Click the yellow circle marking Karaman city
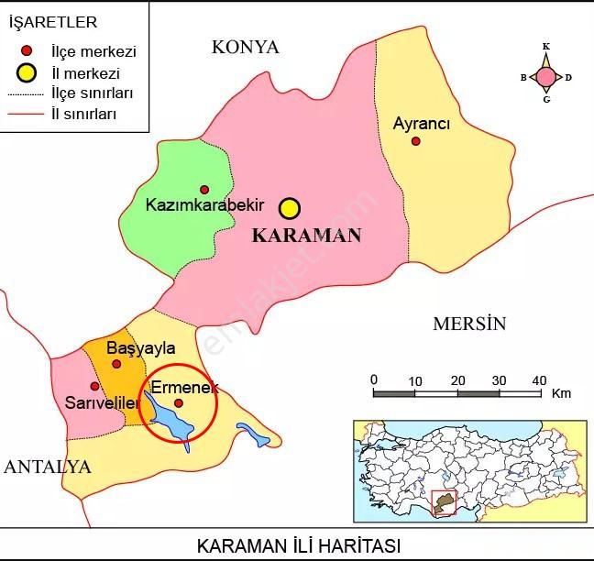[290, 208]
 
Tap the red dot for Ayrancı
[416, 141]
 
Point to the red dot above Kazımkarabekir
[204, 190]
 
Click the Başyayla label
[140, 349]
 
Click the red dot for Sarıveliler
[94, 387]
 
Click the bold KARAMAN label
[306, 236]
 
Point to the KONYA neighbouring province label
[245, 48]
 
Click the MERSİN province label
[469, 324]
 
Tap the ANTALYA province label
[48, 467]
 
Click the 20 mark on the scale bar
[457, 380]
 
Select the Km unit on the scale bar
[561, 394]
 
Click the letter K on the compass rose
[546, 46]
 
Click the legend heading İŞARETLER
[52, 22]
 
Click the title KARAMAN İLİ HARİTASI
[299, 546]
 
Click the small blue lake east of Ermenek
[252, 434]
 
